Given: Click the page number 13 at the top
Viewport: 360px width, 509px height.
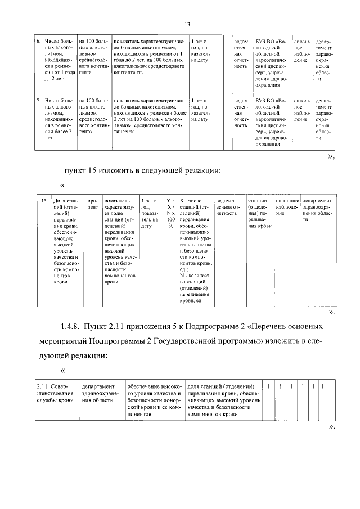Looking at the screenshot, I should pyautogui.click(x=187, y=24).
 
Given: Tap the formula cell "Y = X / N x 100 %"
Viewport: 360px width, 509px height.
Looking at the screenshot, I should pyautogui.click(x=170, y=213).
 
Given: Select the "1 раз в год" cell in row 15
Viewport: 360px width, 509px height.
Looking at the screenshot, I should pyautogui.click(x=150, y=213).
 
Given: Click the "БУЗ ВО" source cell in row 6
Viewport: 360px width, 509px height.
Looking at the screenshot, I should pyautogui.click(x=273, y=61).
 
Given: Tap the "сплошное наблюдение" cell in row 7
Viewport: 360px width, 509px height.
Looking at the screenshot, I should pyautogui.click(x=301, y=110).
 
